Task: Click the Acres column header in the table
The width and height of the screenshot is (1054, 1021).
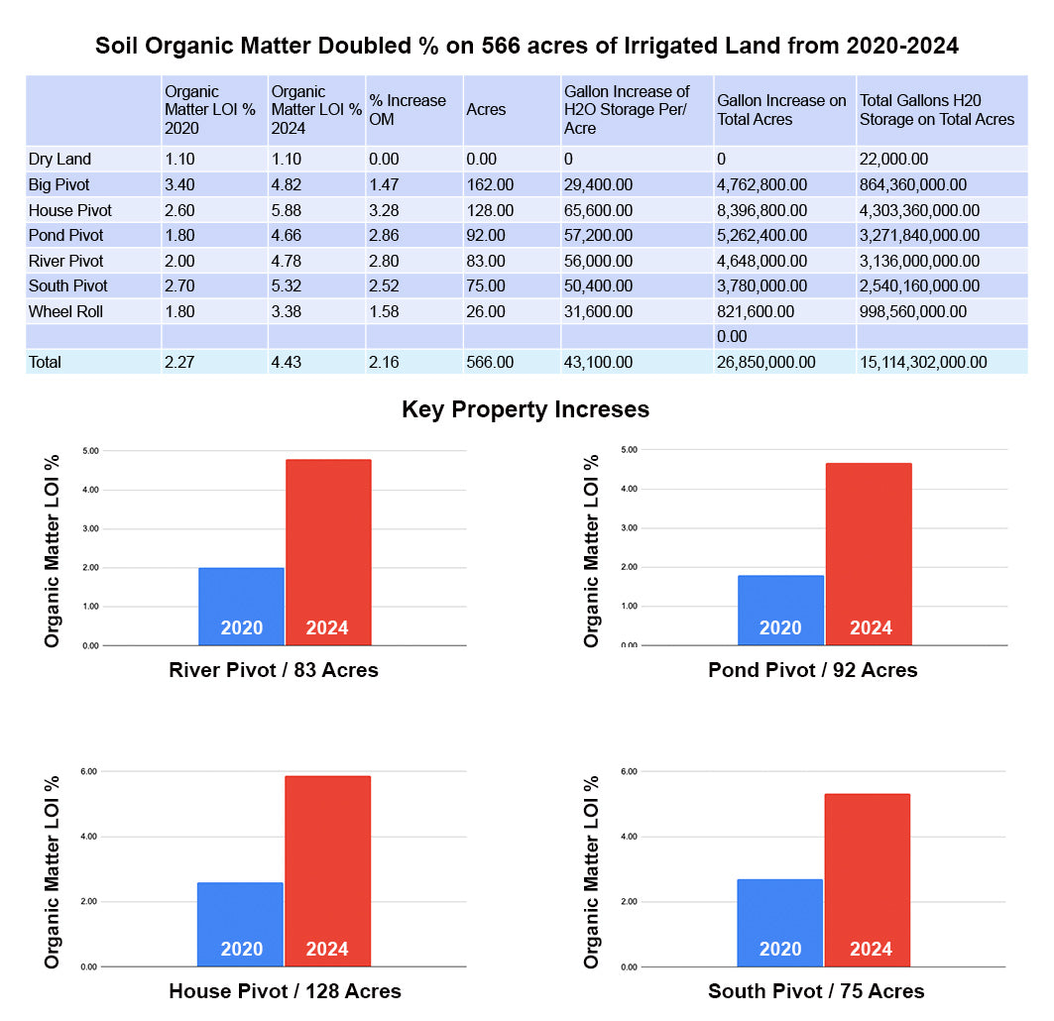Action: tap(486, 109)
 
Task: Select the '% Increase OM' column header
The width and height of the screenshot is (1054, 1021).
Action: tap(408, 109)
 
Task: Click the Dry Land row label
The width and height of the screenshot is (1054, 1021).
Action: tap(59, 159)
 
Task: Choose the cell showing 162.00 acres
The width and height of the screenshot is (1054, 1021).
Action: tap(490, 184)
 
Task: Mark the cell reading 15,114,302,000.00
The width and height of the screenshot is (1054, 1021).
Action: tap(923, 362)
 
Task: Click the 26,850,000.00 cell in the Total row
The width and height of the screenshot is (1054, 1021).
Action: tap(766, 362)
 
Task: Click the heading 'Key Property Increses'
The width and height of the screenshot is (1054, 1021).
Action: tap(526, 409)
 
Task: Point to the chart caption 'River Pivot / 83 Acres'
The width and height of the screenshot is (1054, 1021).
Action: tap(274, 670)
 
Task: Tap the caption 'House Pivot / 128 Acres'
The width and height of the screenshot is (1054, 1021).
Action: tap(286, 990)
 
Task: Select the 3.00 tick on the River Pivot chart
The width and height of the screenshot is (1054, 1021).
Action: tap(90, 528)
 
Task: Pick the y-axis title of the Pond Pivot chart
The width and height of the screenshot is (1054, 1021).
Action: tap(592, 551)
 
